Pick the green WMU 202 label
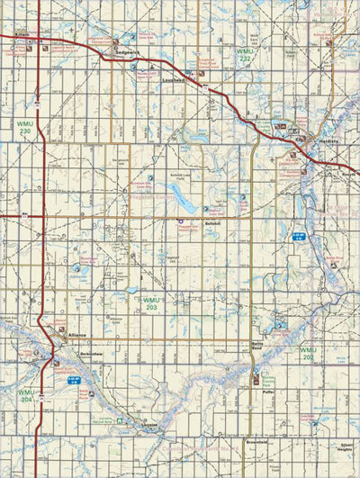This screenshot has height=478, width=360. tap(310, 354)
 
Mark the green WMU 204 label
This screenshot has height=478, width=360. tap(25, 396)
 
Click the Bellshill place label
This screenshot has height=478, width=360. tap(212, 222)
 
